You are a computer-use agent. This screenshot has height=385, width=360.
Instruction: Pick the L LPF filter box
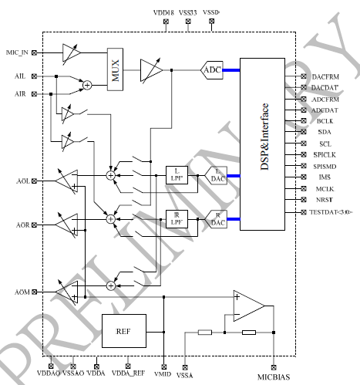[x=177, y=175]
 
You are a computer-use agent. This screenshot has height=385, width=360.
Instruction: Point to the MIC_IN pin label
[x=18, y=52]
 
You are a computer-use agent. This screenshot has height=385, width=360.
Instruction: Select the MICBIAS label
[x=273, y=377]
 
